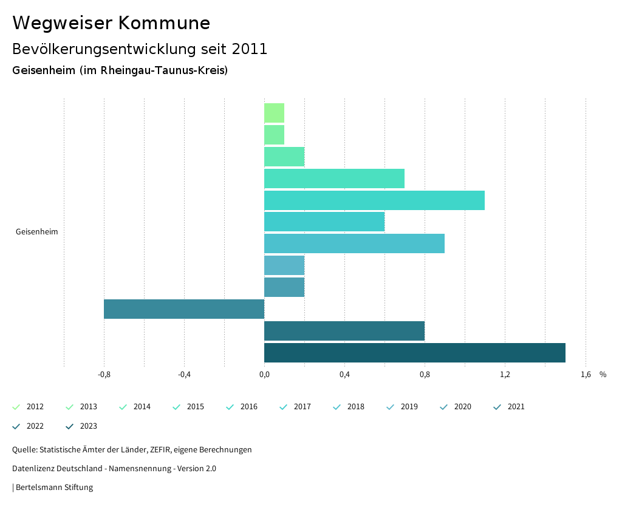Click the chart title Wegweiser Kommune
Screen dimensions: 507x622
coord(111,23)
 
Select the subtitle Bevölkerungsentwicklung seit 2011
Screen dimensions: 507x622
coord(140,49)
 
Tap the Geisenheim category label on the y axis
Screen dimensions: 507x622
coord(36,231)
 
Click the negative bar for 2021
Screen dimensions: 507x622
coord(184,309)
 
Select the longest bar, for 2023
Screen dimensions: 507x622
coord(414,353)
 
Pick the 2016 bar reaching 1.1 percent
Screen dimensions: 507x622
coord(374,200)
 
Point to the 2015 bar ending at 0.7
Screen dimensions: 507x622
coord(334,179)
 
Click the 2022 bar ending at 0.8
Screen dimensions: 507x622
coord(344,331)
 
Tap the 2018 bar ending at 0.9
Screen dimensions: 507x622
coord(354,243)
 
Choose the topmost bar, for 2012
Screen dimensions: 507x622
coord(274,113)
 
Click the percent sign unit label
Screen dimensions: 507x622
coord(603,375)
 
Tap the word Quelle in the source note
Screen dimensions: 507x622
coord(24,450)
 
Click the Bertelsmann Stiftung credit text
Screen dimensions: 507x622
coord(54,487)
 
